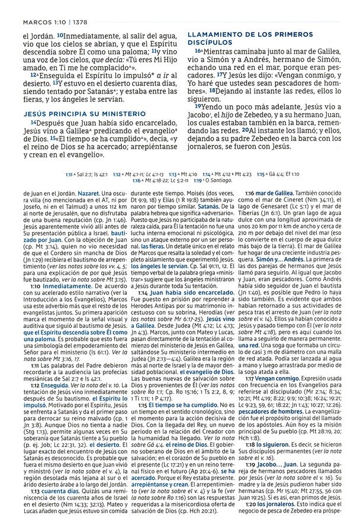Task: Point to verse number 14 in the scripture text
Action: click(34, 123)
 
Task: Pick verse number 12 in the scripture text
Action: click(34, 75)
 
